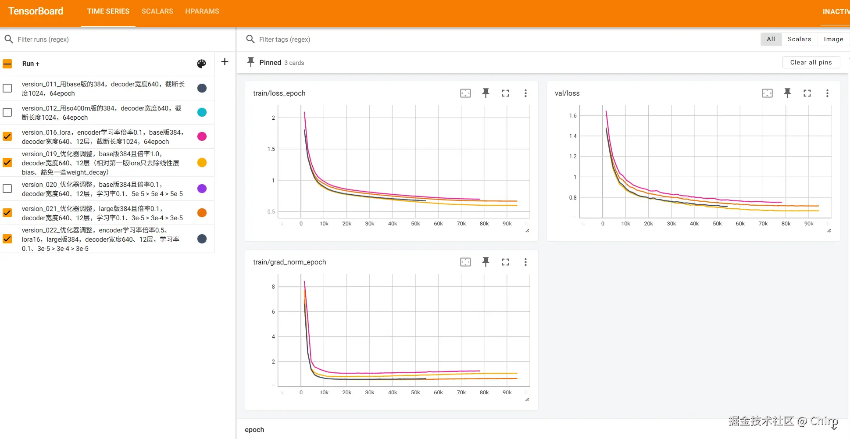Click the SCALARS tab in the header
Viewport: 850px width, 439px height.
tap(157, 11)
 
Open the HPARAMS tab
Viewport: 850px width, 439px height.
tap(202, 11)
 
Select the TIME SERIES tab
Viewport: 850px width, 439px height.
tap(108, 11)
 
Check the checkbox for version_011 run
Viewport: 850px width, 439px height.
tap(7, 88)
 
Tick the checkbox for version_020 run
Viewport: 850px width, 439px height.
tap(7, 189)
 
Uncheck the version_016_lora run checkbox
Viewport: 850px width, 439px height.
tap(7, 136)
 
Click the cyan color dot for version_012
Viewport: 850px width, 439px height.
tap(202, 112)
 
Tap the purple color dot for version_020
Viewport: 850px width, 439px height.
tap(202, 189)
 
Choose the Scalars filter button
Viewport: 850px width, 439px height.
tap(799, 39)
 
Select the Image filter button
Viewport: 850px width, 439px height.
tap(833, 39)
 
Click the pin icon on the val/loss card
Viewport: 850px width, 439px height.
tap(787, 93)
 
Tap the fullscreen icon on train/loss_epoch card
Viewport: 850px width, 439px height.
tap(505, 93)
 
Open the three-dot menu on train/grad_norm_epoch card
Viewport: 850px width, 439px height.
tap(525, 262)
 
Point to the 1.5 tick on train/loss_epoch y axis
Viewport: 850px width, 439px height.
tap(271, 149)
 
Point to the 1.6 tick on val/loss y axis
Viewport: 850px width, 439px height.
tap(573, 116)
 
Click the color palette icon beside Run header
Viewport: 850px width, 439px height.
tap(201, 64)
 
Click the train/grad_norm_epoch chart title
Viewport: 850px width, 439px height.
tap(289, 262)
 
